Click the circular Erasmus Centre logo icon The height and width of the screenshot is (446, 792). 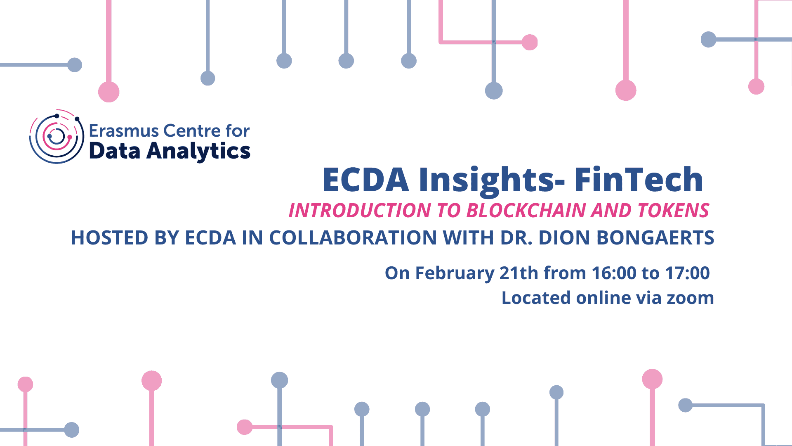57,137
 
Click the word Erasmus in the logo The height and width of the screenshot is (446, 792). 124,131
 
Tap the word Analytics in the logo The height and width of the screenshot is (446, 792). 198,151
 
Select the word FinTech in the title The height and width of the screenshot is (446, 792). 639,180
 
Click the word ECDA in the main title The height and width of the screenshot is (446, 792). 366,180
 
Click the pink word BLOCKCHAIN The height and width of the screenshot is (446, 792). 526,210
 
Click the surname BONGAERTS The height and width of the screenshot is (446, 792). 655,238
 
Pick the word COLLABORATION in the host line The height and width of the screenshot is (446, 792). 353,238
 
